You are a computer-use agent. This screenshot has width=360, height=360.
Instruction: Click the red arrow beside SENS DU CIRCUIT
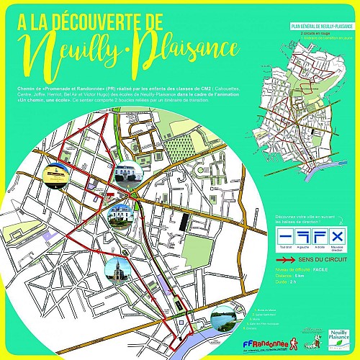pyautogui.click(x=285, y=257)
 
